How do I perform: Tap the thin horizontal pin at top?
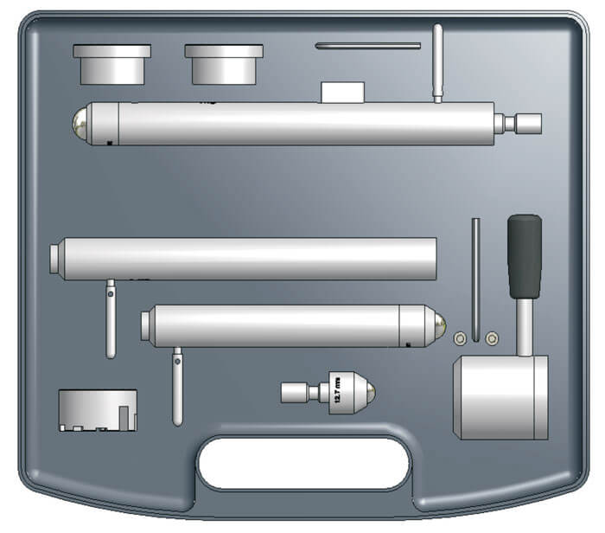368,45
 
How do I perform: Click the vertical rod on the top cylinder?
438,62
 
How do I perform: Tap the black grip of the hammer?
525,255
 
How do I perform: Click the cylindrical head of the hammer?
500,396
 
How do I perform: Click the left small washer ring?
461,337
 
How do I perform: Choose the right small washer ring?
492,337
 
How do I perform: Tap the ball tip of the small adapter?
370,394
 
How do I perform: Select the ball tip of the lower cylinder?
440,326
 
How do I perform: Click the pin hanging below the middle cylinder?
111,318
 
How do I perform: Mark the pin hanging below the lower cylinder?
177,385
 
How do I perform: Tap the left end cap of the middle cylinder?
55,259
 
